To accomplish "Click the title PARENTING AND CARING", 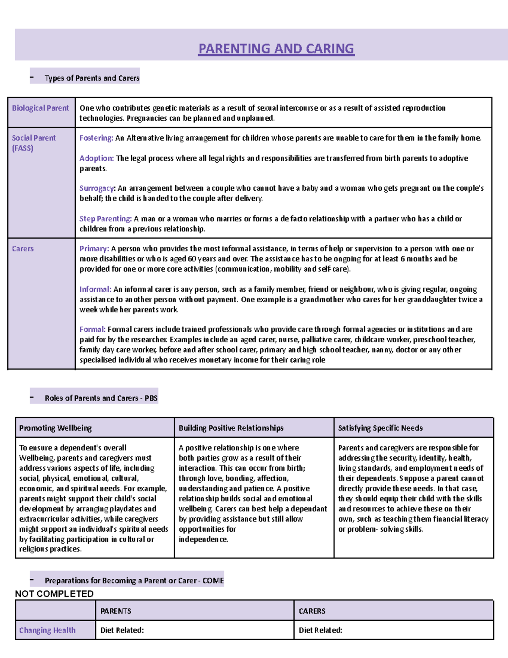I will pyautogui.click(x=276, y=49).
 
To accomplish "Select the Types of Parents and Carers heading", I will pyautogui.click(x=92, y=78).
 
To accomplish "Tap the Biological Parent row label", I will pyautogui.click(x=40, y=108).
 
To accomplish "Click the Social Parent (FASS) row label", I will pyautogui.click(x=33, y=143).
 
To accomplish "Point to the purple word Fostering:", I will pyautogui.click(x=96, y=138).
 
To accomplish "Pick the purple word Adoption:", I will pyautogui.click(x=97, y=158).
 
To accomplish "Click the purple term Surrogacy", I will pyautogui.click(x=97, y=189).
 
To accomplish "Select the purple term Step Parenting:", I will pyautogui.click(x=106, y=219).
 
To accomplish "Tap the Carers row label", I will pyautogui.click(x=23, y=249).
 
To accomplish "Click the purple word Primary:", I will pyautogui.click(x=94, y=249).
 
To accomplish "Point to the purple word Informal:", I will pyautogui.click(x=95, y=289).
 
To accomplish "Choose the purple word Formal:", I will pyautogui.click(x=92, y=330).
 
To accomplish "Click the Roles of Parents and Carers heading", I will pyautogui.click(x=101, y=398).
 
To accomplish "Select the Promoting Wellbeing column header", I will pyautogui.click(x=55, y=428).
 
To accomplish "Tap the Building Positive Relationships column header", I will pyautogui.click(x=231, y=428).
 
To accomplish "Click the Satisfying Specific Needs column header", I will pyautogui.click(x=380, y=428).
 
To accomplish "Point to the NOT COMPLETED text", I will pyautogui.click(x=54, y=594).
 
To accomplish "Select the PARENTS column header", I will pyautogui.click(x=116, y=611).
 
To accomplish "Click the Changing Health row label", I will pyautogui.click(x=47, y=630).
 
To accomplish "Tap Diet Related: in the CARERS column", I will pyautogui.click(x=320, y=630).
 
